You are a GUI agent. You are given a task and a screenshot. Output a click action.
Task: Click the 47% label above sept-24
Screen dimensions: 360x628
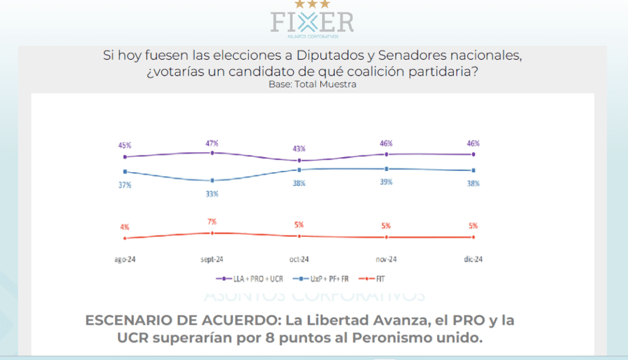pyautogui.click(x=212, y=143)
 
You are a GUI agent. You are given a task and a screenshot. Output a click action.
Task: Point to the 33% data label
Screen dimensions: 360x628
pyautogui.click(x=212, y=194)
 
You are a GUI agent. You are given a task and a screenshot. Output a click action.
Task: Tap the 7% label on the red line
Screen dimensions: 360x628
pyautogui.click(x=212, y=222)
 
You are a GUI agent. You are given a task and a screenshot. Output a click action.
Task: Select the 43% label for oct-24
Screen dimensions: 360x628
pyautogui.click(x=299, y=149)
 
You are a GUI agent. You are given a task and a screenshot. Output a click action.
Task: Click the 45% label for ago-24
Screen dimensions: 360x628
pyautogui.click(x=125, y=145)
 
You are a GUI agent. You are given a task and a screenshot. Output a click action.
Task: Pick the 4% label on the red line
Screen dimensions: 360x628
pyautogui.click(x=125, y=227)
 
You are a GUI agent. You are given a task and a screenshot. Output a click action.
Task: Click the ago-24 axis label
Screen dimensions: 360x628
pyautogui.click(x=125, y=259)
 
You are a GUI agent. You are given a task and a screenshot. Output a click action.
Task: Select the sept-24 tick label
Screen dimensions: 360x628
pyautogui.click(x=212, y=259)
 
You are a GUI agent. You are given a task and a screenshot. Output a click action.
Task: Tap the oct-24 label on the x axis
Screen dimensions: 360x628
pyautogui.click(x=299, y=259)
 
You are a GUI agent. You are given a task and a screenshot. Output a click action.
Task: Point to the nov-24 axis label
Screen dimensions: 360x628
pyautogui.click(x=386, y=259)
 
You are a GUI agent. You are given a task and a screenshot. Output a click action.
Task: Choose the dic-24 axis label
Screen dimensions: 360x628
pyautogui.click(x=473, y=259)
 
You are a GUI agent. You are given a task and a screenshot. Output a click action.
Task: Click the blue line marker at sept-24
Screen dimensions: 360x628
pyautogui.click(x=212, y=181)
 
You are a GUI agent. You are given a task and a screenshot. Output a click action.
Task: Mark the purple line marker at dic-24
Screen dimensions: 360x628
pyautogui.click(x=473, y=154)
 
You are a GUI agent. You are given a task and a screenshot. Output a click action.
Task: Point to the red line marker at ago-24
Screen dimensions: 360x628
pyautogui.click(x=125, y=238)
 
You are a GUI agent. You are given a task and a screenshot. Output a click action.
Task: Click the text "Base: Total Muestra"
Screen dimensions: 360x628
pyautogui.click(x=312, y=84)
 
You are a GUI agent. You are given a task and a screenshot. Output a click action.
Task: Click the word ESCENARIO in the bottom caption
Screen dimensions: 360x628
pyautogui.click(x=131, y=320)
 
